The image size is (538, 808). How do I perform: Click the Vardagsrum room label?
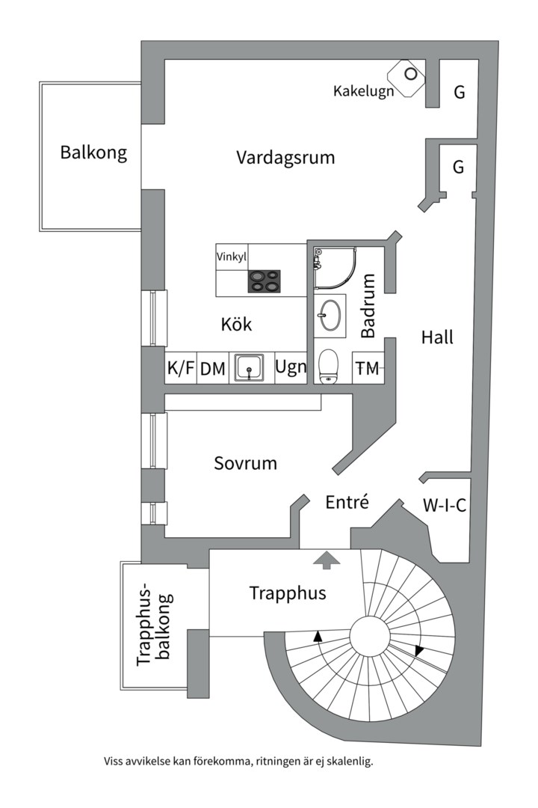point(285,158)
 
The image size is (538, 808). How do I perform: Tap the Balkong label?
point(93,153)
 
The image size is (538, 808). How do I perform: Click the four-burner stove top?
point(265,281)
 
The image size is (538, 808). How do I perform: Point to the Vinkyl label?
point(232,257)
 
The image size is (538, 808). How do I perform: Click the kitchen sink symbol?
point(250,368)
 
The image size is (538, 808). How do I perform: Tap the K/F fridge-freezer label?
point(180,368)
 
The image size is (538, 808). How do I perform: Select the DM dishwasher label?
point(213,368)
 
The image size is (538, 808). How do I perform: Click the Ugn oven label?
point(291,367)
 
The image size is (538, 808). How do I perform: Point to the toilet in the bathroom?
point(329,367)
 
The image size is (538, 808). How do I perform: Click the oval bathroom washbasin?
point(330,316)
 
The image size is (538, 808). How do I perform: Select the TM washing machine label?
point(367,368)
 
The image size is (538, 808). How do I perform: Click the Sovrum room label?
point(245,463)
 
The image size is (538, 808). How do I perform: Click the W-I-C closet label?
point(445,505)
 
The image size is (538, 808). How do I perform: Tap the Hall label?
point(437,337)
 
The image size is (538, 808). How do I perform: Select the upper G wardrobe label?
point(460,92)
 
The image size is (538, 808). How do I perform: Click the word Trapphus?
point(288,593)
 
